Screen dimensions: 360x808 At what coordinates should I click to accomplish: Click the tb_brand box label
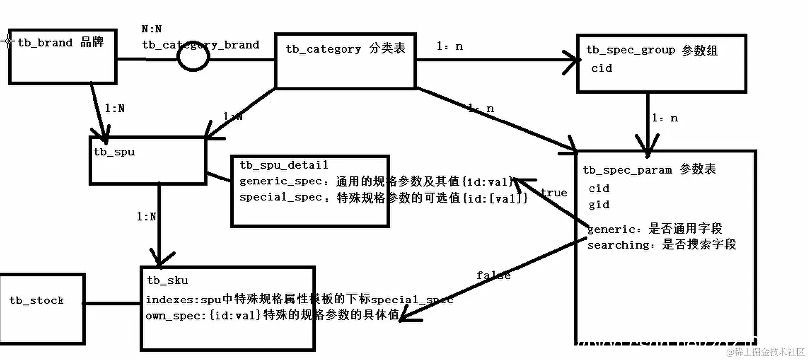61,43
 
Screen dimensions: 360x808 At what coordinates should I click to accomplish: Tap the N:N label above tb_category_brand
152,29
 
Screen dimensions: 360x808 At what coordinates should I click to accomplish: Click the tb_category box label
345,49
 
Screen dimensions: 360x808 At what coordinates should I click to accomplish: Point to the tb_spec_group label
652,50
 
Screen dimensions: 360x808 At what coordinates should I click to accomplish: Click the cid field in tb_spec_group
601,68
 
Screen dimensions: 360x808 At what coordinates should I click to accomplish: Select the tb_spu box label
114,152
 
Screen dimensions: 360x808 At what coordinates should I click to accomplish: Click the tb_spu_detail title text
284,165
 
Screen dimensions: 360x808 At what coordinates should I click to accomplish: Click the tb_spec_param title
649,170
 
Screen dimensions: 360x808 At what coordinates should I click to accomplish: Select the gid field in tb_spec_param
599,205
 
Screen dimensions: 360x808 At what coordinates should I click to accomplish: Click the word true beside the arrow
554,193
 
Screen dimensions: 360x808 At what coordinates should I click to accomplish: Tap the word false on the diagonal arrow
493,276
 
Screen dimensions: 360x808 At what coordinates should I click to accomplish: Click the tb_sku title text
167,281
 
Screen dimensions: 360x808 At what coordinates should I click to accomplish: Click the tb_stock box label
37,300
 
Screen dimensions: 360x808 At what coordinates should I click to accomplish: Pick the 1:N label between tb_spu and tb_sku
146,216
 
